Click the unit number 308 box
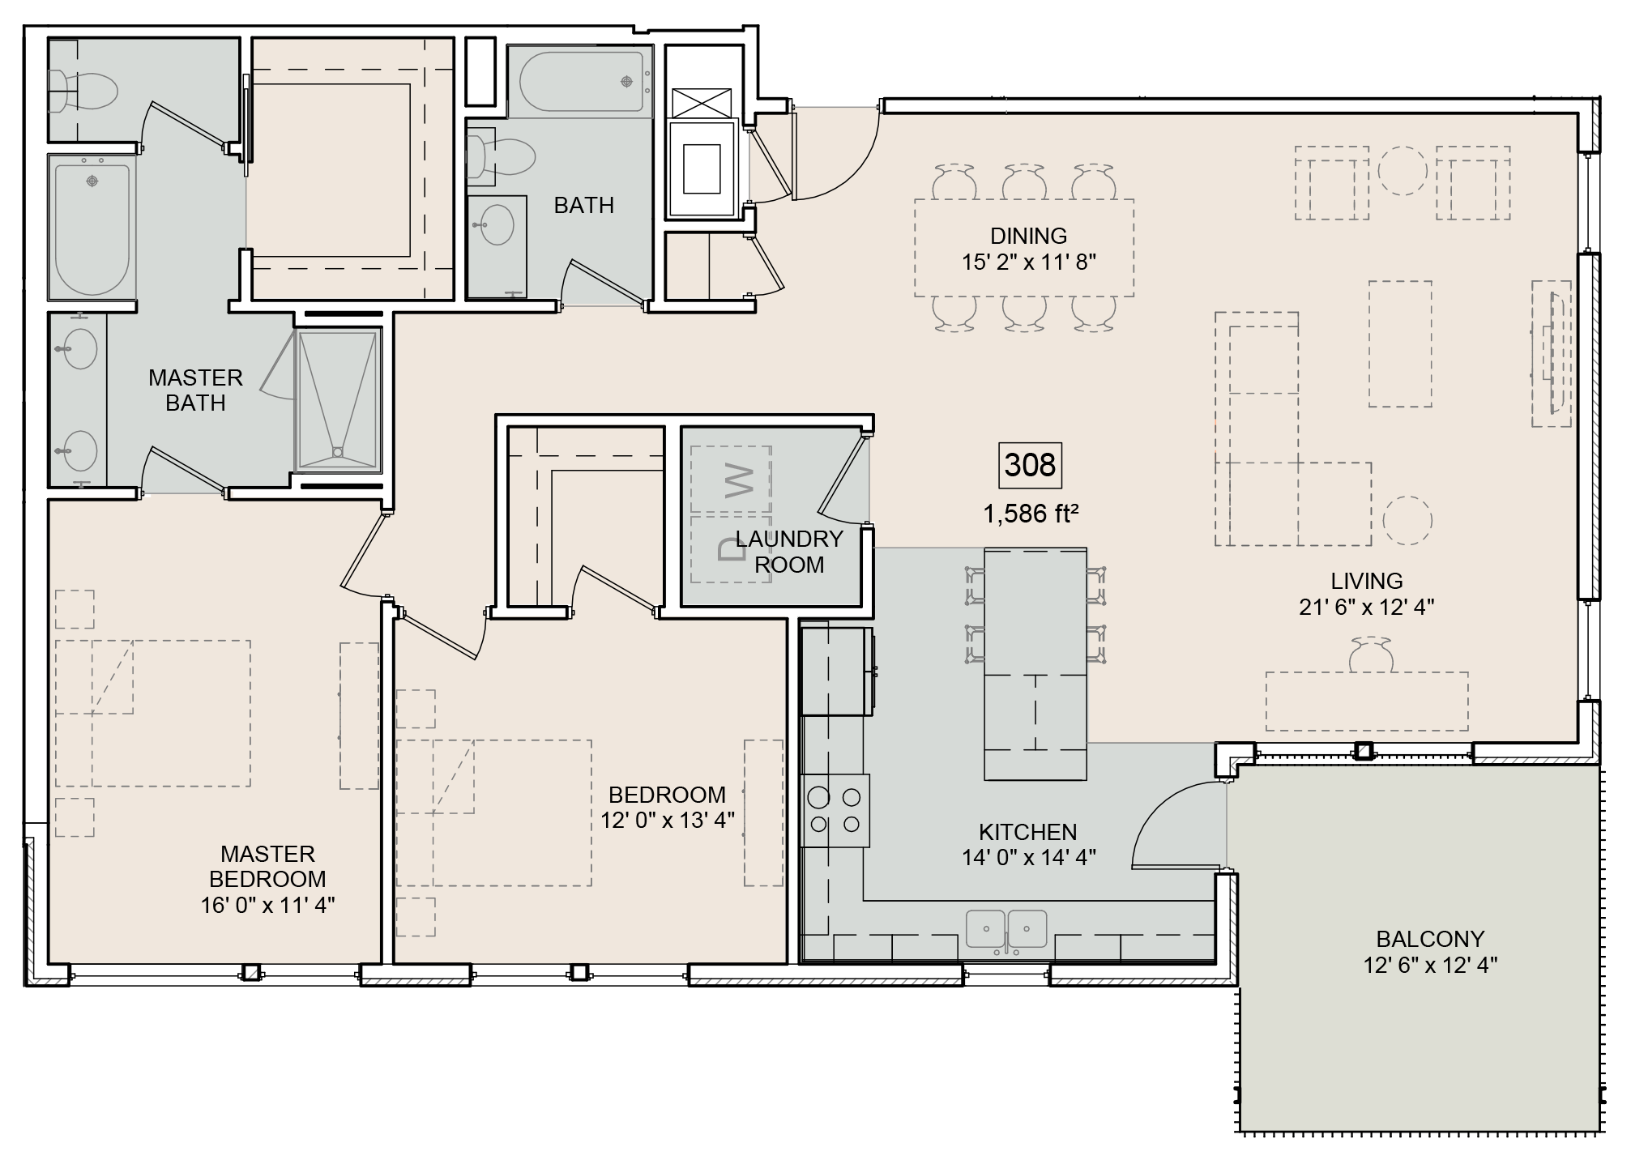1030,466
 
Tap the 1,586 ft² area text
1030,514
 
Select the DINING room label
1028,236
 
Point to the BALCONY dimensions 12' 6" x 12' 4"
1429,965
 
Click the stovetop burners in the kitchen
835,811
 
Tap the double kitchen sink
1006,929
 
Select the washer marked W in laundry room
731,480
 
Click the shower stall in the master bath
338,399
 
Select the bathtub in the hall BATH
582,81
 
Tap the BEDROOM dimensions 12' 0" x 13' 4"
667,820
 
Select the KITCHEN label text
1027,832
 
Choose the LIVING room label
1366,581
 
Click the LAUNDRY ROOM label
788,552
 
